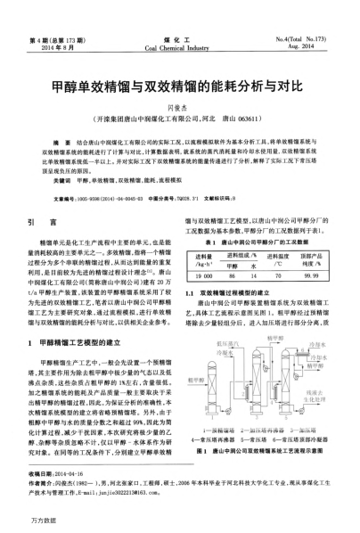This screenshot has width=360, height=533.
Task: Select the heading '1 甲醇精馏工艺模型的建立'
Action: click(86, 340)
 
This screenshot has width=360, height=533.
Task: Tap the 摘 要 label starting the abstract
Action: click(63, 142)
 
